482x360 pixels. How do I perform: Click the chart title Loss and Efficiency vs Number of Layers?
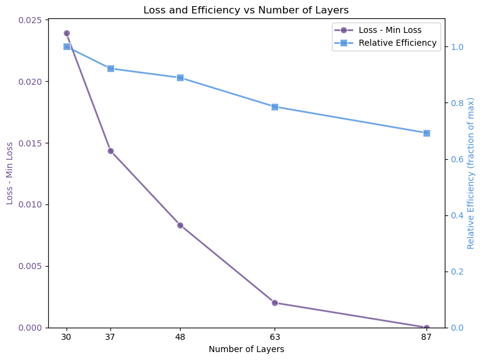[246, 10]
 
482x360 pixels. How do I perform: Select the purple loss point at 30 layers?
[67, 33]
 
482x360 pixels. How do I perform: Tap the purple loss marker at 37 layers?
[110, 151]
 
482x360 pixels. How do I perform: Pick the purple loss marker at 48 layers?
[180, 225]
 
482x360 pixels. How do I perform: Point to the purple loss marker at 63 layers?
[275, 303]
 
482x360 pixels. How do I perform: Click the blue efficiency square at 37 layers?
[110, 68]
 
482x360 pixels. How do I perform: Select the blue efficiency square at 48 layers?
[180, 77]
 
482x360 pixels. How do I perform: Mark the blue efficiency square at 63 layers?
[275, 107]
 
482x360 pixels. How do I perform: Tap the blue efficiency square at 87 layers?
[426, 133]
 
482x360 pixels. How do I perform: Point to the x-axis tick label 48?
[180, 337]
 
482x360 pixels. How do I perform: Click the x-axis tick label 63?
[275, 337]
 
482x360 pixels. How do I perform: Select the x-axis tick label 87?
[426, 337]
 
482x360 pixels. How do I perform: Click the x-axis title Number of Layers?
[246, 350]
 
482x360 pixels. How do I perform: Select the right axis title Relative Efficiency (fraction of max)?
[471, 173]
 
